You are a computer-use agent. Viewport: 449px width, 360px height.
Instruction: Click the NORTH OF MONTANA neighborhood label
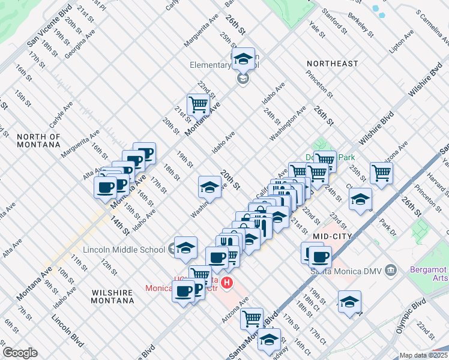(x=38, y=140)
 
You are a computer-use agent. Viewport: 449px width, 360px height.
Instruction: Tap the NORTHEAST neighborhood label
(x=332, y=63)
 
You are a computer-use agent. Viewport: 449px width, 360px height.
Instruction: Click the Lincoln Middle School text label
(x=124, y=250)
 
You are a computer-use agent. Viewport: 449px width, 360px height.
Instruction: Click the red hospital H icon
(x=227, y=282)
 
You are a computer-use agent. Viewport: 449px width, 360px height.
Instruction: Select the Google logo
(x=20, y=353)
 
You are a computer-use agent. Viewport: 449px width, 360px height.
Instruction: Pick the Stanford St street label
(x=334, y=20)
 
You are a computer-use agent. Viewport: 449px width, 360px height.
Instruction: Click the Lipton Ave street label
(x=402, y=42)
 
